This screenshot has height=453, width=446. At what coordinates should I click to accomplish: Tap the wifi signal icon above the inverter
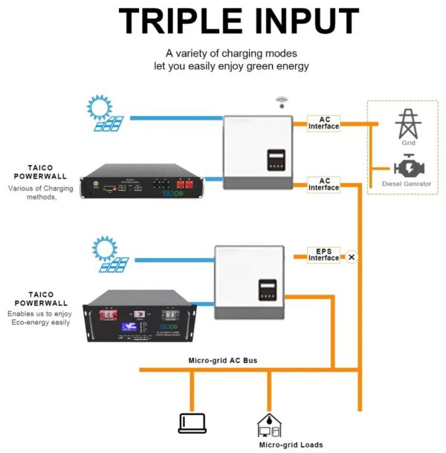coord(281,101)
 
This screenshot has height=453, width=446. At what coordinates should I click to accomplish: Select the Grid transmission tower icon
coord(407,123)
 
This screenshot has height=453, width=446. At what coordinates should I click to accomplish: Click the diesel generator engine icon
coord(407,165)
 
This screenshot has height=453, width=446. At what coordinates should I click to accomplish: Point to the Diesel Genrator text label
coord(407,184)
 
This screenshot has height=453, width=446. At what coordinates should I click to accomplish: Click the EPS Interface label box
coord(324,254)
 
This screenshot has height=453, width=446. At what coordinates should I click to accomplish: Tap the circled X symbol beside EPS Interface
coord(352,257)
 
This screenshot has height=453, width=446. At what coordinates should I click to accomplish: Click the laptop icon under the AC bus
coord(192,423)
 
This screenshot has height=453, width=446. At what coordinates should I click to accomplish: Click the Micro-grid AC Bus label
coord(223,360)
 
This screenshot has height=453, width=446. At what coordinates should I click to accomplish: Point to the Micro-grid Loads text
coord(291,445)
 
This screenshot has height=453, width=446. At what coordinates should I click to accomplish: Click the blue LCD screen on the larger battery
coord(122,327)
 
